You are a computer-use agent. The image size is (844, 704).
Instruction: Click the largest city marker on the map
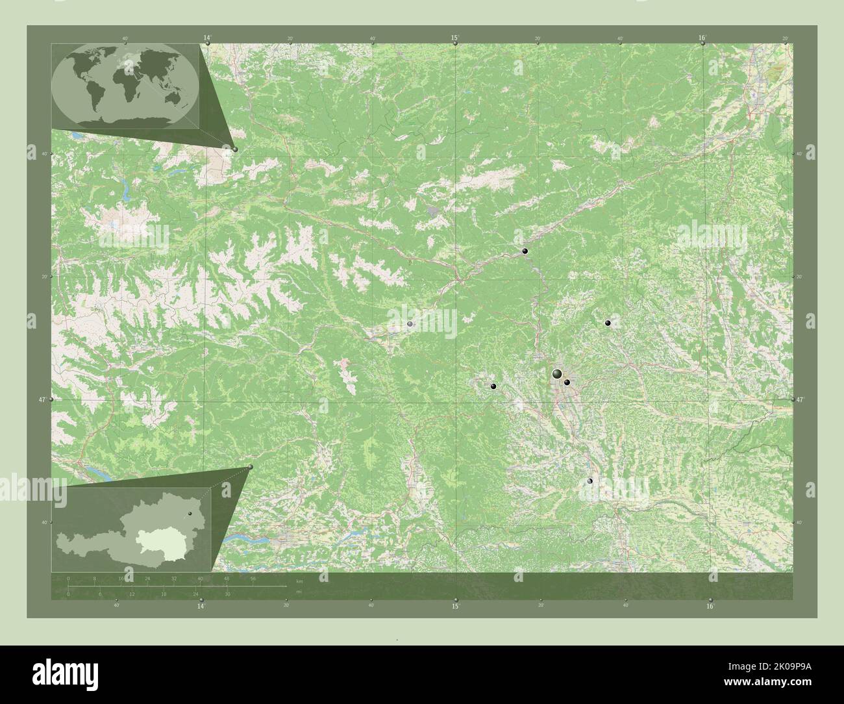point(557,373)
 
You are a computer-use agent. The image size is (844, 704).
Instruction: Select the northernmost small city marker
point(525,251)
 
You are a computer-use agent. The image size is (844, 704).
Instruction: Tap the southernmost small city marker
point(590,481)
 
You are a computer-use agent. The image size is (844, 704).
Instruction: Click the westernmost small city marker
point(410,323)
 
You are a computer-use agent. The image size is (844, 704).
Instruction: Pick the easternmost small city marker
point(608,323)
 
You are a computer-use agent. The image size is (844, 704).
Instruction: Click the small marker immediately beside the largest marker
point(567,383)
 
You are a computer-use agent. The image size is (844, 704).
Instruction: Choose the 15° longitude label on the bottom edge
point(455,606)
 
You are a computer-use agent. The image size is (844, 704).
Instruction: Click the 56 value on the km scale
point(253,578)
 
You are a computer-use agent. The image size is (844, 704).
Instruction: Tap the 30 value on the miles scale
point(227,594)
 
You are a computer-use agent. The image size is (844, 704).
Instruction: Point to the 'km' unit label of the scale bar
point(299,580)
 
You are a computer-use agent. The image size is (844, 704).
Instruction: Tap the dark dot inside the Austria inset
point(190,514)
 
